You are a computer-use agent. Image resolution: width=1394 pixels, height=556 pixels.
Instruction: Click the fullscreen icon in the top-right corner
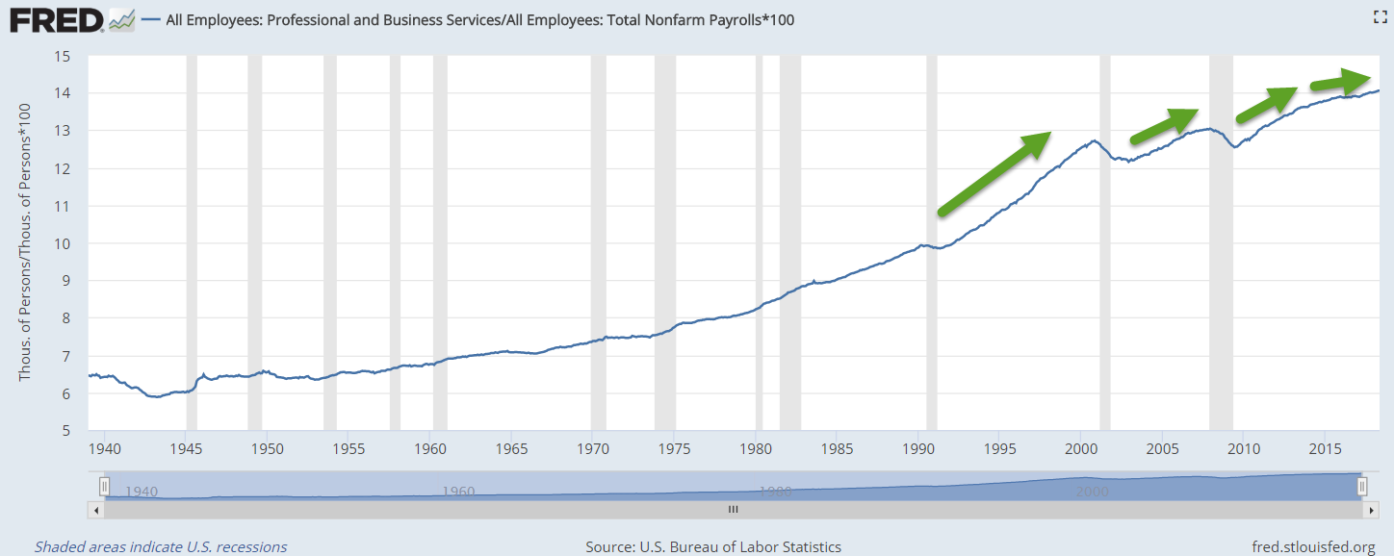(1378, 16)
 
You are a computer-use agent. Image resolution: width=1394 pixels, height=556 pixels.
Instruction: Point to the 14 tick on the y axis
(65, 93)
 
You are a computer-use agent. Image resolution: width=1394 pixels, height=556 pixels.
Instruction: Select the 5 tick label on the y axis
(65, 431)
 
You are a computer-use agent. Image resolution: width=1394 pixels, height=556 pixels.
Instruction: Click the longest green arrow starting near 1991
(993, 172)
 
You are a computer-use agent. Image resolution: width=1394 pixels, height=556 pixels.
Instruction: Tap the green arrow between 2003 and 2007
(1163, 124)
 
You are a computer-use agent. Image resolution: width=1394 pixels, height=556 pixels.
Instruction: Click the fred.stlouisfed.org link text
(1313, 546)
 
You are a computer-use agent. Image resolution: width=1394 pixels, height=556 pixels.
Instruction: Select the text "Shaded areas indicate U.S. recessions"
(161, 546)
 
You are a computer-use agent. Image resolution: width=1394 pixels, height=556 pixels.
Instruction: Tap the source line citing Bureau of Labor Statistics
(713, 546)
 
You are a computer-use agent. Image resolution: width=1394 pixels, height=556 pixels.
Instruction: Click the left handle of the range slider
(105, 486)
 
